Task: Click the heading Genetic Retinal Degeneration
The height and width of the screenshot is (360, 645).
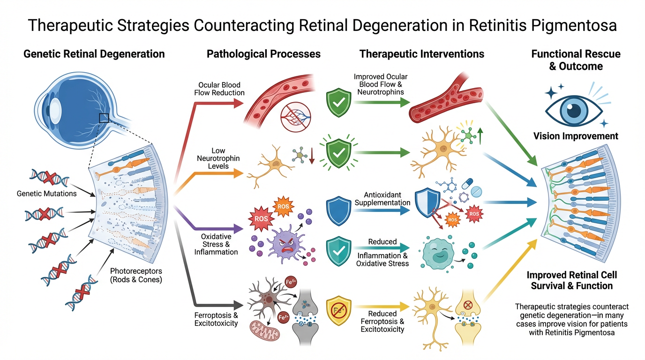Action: click(x=94, y=54)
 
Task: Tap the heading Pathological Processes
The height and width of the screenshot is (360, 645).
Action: click(x=263, y=54)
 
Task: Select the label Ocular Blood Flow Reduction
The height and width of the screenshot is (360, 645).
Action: click(x=219, y=89)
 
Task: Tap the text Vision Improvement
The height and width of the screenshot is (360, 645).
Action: click(x=576, y=136)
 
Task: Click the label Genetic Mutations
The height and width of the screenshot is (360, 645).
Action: click(x=46, y=193)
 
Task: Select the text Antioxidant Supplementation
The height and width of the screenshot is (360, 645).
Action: click(x=382, y=199)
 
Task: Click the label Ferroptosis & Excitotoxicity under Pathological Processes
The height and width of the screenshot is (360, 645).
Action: click(x=216, y=319)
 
